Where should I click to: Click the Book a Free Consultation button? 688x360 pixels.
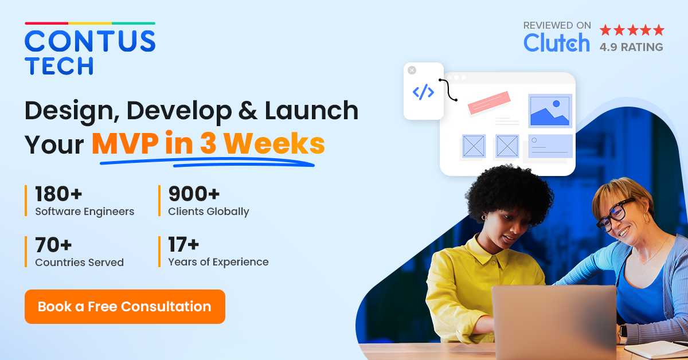pos(124,307)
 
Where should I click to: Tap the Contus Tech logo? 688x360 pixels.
pos(90,50)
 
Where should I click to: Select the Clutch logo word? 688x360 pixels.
pos(556,43)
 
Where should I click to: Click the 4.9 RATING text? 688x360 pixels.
pos(631,47)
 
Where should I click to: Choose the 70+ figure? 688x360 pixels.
pos(53,245)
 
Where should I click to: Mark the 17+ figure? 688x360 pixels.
pos(183,245)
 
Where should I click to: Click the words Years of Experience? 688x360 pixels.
pos(218,262)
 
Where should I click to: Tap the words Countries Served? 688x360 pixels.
pos(79,263)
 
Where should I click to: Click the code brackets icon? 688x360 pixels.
pos(423,92)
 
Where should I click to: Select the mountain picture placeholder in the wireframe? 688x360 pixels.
pos(550,110)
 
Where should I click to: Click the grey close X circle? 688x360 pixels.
pos(412,70)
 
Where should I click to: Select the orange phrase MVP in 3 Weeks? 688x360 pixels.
pos(208,144)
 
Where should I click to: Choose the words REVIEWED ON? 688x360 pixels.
pos(557,25)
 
